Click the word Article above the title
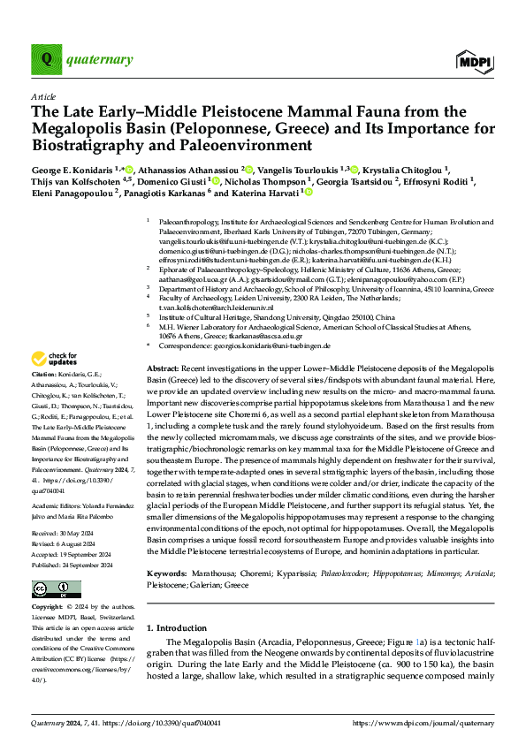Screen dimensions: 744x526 [x=43, y=96]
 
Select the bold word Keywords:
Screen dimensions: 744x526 [x=166, y=549]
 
